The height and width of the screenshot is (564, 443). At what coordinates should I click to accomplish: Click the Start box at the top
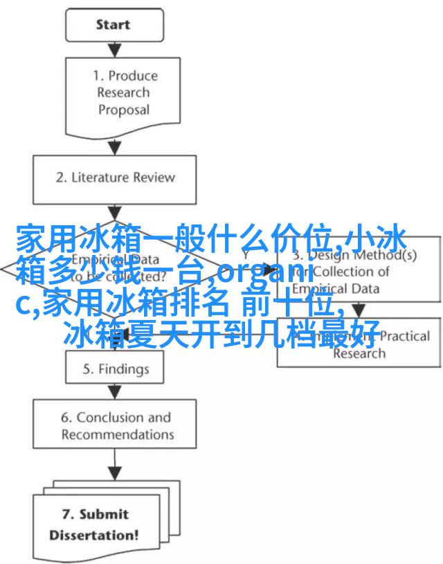(x=113, y=26)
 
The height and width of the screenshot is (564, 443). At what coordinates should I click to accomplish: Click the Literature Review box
(x=115, y=177)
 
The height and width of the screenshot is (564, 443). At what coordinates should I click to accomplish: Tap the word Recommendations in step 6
(x=118, y=435)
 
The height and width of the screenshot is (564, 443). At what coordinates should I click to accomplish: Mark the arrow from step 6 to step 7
(x=115, y=466)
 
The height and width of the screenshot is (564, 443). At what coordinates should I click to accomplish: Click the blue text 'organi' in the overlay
(x=260, y=274)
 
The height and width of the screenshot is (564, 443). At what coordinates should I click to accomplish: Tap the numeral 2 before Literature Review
(x=60, y=177)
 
